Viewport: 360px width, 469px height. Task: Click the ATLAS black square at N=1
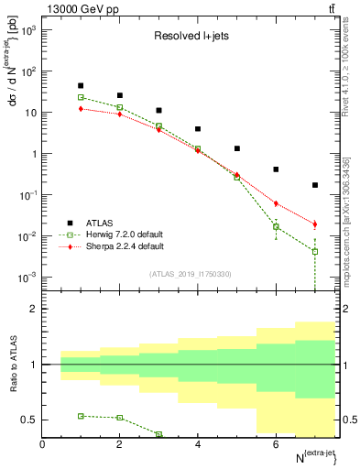click(81, 85)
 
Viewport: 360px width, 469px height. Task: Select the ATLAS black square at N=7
click(315, 185)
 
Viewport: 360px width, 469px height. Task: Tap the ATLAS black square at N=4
click(198, 129)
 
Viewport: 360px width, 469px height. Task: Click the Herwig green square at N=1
click(81, 97)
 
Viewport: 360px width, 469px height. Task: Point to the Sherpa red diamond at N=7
click(315, 224)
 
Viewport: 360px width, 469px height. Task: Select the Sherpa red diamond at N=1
click(81, 108)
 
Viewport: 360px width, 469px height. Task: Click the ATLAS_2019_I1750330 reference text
click(196, 274)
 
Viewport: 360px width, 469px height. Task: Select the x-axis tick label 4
click(198, 444)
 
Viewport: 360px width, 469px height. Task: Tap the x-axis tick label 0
click(42, 444)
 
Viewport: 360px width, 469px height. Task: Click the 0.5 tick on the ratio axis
click(30, 420)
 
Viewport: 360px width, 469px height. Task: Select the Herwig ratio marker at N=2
click(120, 418)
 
